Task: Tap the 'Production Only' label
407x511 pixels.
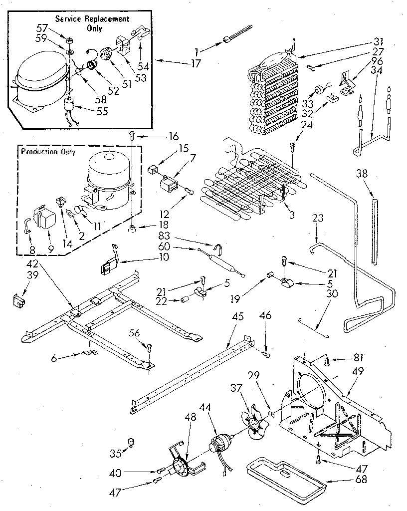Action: pyautogui.click(x=47, y=152)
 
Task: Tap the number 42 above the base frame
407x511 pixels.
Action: pyautogui.click(x=31, y=265)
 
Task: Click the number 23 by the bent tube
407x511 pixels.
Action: pyautogui.click(x=318, y=218)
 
